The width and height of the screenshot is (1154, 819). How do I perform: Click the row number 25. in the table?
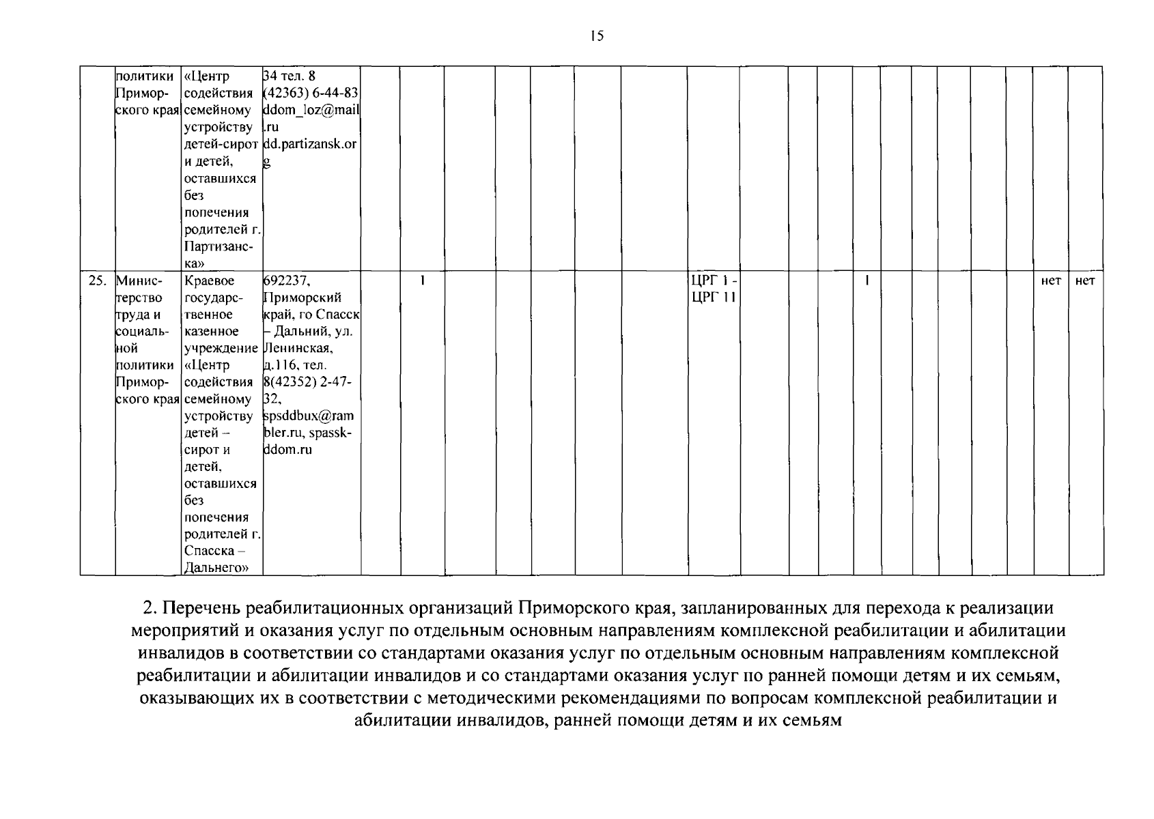pyautogui.click(x=98, y=281)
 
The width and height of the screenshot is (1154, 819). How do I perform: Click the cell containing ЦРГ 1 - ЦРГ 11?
pyautogui.click(x=714, y=289)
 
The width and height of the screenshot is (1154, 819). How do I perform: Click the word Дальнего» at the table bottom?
pyautogui.click(x=215, y=568)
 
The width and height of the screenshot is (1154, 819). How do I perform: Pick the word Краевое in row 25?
pyautogui.click(x=209, y=281)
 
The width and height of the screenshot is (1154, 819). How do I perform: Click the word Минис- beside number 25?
pyautogui.click(x=139, y=281)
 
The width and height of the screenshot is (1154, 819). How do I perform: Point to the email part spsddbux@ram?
pyautogui.click(x=309, y=416)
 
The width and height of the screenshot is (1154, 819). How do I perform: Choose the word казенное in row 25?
pyautogui.click(x=212, y=332)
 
